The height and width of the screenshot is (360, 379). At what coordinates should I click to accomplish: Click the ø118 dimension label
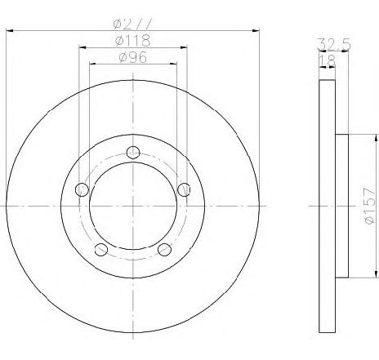pyautogui.click(x=132, y=40)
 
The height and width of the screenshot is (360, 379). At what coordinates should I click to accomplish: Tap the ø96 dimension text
pyautogui.click(x=133, y=57)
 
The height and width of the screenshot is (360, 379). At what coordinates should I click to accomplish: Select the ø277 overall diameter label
pyautogui.click(x=132, y=24)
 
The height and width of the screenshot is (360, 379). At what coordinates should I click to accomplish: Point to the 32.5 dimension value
pyautogui.click(x=334, y=44)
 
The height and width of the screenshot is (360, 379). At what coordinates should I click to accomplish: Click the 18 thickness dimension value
pyautogui.click(x=328, y=61)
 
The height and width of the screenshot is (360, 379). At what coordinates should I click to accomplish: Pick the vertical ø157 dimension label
pyautogui.click(x=370, y=206)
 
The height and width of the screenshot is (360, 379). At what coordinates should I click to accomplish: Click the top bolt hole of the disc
pyautogui.click(x=133, y=152)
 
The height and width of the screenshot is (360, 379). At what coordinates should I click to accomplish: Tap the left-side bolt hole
pyautogui.click(x=82, y=189)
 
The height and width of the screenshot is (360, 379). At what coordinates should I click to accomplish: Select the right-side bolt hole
pyautogui.click(x=184, y=189)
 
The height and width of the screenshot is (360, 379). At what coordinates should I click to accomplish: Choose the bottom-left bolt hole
pyautogui.click(x=101, y=249)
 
